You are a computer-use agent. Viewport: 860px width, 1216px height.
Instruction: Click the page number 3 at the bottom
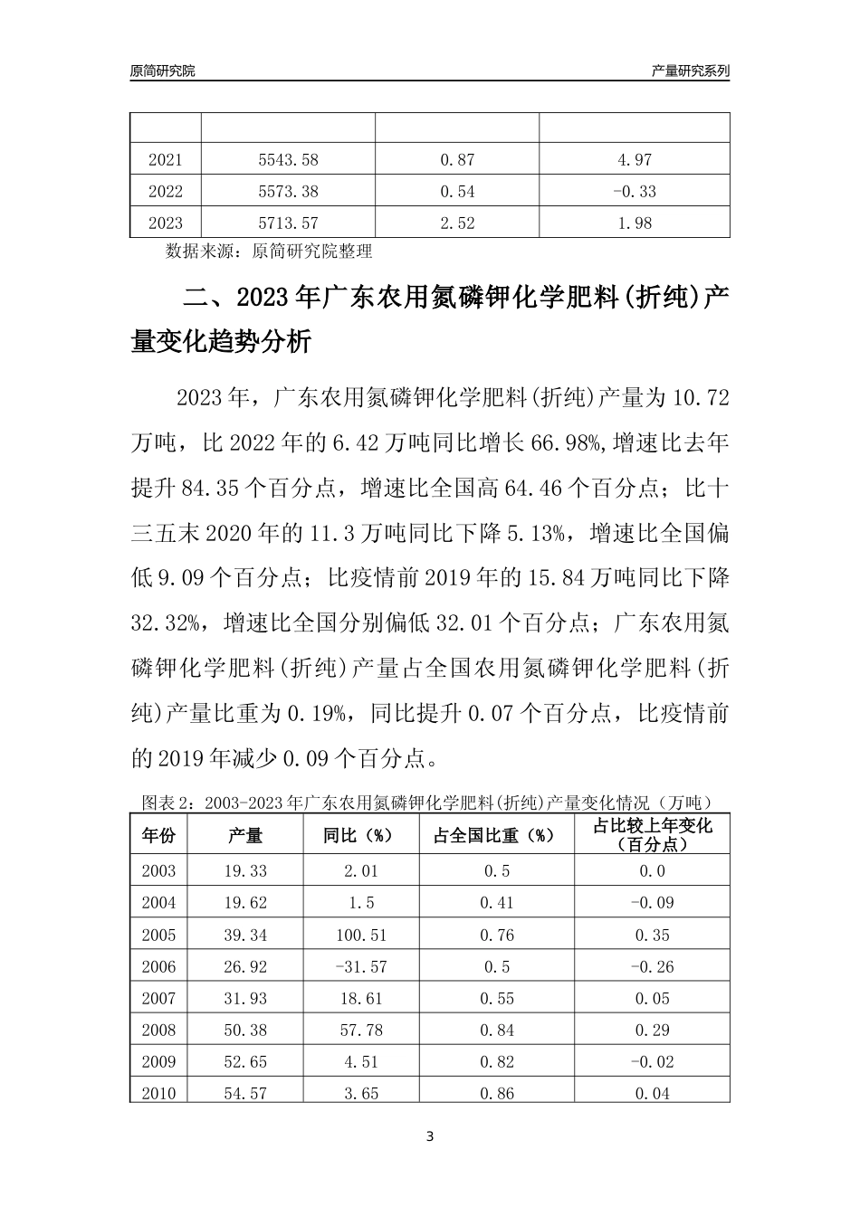(x=430, y=1136)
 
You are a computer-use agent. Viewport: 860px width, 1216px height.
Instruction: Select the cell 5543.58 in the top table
(x=288, y=160)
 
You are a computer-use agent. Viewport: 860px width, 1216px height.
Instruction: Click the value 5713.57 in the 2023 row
(x=288, y=223)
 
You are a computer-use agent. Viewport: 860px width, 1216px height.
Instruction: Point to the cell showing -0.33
(x=634, y=192)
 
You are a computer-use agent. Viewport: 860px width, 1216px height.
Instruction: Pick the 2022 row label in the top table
(x=165, y=192)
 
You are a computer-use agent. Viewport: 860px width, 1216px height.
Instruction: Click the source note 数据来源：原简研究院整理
(x=269, y=251)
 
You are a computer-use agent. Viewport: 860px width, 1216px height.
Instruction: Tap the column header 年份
(x=158, y=835)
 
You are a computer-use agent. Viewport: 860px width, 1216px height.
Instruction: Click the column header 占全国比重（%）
(x=497, y=835)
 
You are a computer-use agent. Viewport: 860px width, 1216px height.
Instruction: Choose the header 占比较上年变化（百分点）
(x=652, y=835)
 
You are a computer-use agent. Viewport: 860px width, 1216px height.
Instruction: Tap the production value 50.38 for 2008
(x=244, y=1030)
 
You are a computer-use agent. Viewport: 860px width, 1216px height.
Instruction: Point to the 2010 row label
(x=158, y=1093)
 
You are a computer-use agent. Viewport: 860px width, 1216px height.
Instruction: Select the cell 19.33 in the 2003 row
(x=244, y=870)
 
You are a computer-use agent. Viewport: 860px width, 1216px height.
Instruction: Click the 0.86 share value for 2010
(x=497, y=1093)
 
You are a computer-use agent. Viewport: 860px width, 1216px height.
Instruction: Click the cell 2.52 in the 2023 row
(x=457, y=223)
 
